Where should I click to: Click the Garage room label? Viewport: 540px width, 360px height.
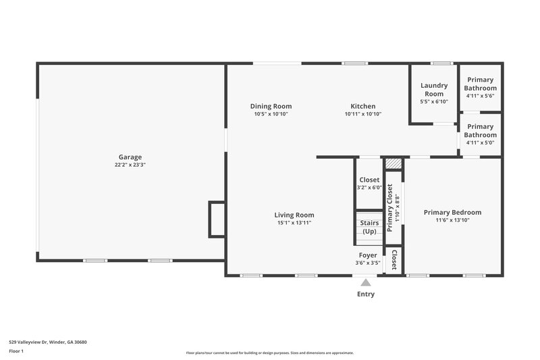(x=130, y=157)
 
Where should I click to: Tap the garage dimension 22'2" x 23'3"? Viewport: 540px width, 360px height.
(x=130, y=165)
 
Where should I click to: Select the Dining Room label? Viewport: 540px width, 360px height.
(x=271, y=106)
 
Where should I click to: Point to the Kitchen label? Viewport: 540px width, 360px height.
(x=362, y=106)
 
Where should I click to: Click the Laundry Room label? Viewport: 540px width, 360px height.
(x=433, y=89)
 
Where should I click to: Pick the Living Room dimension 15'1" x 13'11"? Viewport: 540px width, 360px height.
(x=294, y=223)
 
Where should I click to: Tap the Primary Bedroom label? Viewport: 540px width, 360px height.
(x=452, y=212)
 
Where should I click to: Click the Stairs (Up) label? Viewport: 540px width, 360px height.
(x=369, y=227)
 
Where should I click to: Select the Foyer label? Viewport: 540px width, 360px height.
(x=368, y=255)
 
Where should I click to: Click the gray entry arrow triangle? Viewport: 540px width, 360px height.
(x=366, y=283)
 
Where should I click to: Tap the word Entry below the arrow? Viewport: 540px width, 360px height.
(x=366, y=294)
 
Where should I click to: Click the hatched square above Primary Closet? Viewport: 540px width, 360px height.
(x=393, y=163)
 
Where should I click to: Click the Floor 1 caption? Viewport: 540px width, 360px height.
(x=16, y=351)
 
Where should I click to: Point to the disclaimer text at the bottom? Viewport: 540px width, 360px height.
(x=270, y=353)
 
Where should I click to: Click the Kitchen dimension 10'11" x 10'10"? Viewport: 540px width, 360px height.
(x=362, y=114)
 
